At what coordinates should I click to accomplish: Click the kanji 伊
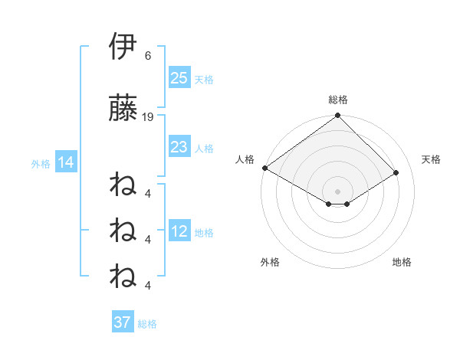123,47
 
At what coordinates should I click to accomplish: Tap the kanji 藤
123,109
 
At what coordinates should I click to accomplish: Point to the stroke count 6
148,55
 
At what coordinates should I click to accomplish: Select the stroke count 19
148,116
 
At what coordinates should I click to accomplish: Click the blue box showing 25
179,77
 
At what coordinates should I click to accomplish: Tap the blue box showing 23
179,147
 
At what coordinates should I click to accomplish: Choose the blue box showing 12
179,231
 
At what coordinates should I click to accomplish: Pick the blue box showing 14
65,162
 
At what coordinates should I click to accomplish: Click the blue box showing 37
123,322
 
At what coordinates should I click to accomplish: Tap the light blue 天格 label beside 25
204,79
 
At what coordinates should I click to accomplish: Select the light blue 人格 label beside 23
204,149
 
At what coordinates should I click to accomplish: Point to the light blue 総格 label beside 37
147,324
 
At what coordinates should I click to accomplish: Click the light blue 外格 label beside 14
41,163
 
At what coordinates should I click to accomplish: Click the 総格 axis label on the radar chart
338,100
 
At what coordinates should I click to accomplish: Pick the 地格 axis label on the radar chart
402,262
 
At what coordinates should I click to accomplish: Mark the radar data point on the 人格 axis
264,168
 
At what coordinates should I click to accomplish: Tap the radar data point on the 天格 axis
396,172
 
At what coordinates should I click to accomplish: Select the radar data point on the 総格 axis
337,116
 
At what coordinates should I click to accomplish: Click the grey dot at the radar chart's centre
337,191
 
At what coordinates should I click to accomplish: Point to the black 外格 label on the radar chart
270,262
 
